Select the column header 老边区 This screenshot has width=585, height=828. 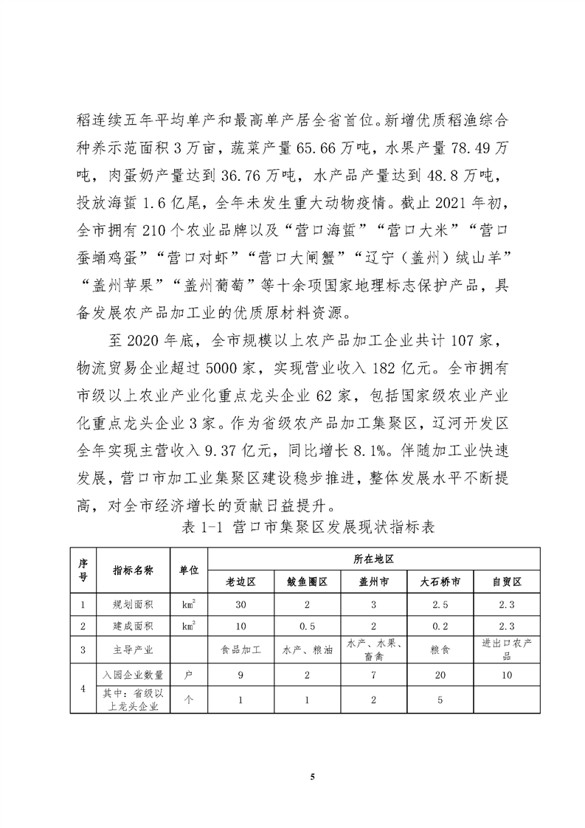point(240,582)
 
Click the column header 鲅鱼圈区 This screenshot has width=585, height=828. point(307,582)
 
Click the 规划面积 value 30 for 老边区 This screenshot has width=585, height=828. point(240,605)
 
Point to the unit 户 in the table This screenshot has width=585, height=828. point(189,675)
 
